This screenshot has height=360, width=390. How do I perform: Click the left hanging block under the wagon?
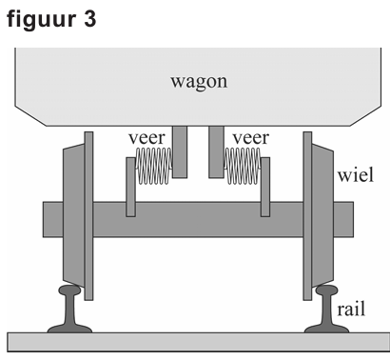181,150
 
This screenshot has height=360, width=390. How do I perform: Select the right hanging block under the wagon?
214,150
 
